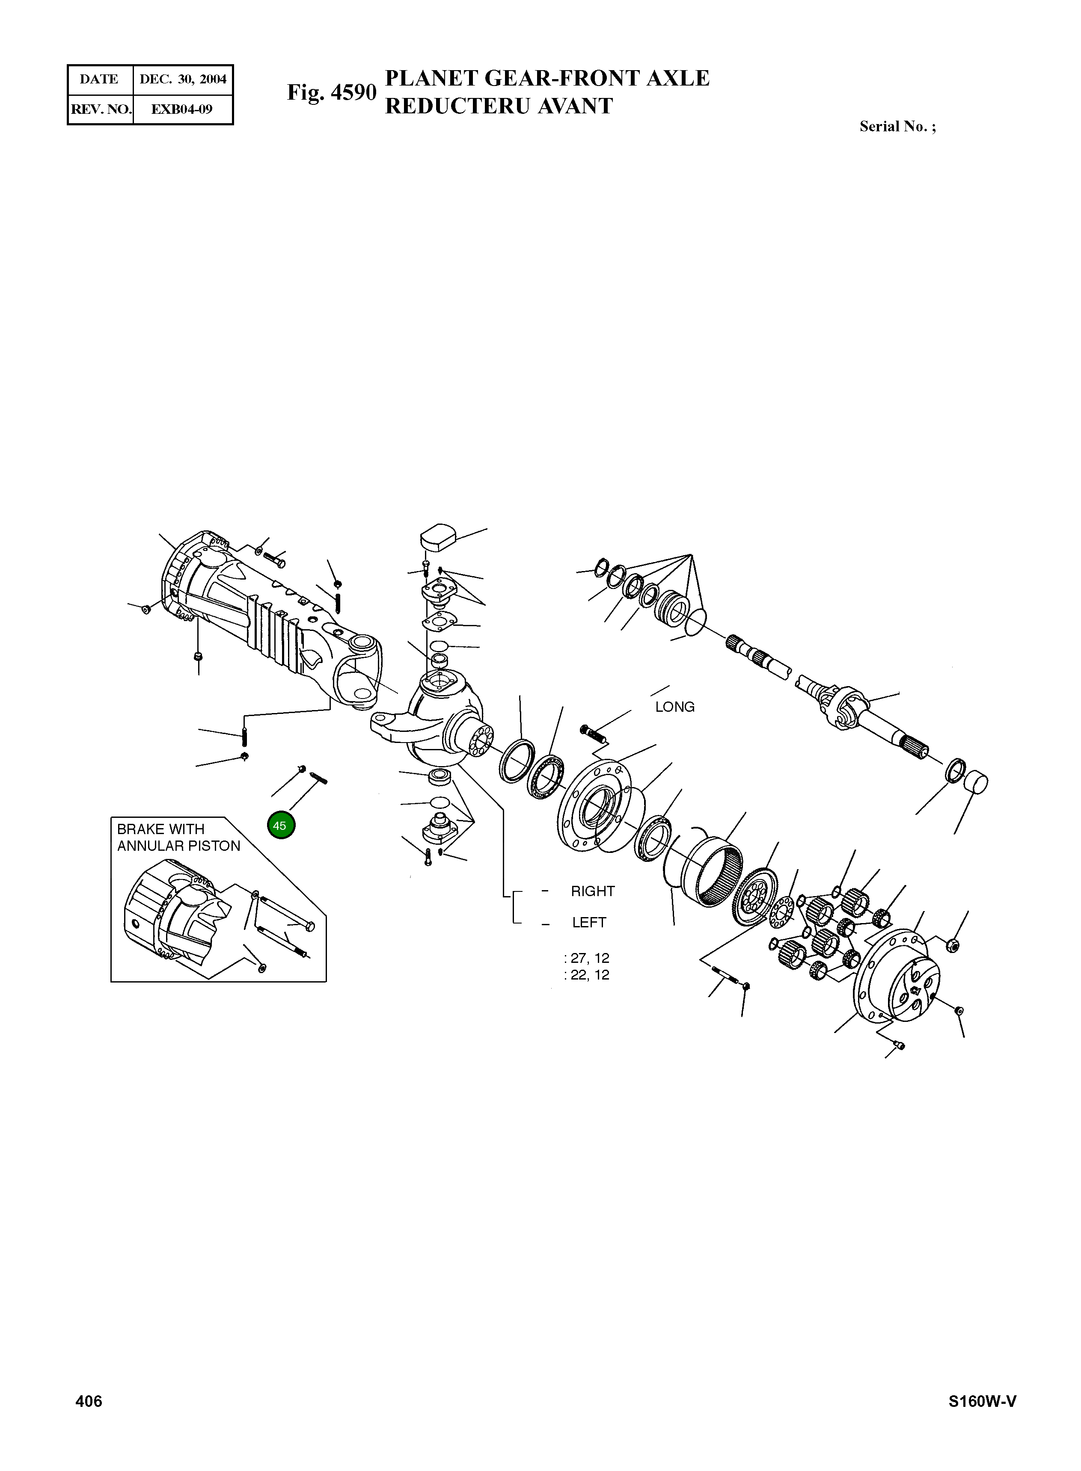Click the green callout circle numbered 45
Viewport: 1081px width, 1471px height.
point(281,826)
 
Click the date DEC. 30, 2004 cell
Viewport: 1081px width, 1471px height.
point(183,79)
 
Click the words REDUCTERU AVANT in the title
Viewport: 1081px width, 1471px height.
point(499,106)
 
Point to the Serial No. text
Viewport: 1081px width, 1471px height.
point(897,127)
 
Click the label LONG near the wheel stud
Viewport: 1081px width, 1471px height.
point(674,707)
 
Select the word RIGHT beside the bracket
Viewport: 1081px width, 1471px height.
point(592,891)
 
